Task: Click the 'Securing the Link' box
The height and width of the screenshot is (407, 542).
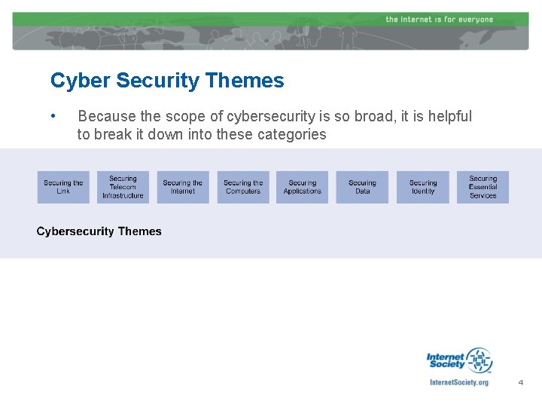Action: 63,187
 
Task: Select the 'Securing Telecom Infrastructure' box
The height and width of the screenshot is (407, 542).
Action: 123,187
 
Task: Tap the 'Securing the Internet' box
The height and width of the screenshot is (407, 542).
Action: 183,187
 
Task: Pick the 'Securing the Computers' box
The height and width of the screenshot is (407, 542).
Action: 243,187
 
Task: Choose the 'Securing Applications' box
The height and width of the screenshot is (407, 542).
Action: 303,187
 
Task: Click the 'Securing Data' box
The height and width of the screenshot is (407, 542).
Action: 363,187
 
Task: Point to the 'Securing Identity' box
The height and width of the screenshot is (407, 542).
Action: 423,187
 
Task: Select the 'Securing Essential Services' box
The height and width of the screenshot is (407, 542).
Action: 483,187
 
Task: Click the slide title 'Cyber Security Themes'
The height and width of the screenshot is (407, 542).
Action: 167,81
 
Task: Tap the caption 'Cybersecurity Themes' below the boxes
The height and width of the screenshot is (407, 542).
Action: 99,231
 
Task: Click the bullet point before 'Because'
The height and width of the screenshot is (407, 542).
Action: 53,117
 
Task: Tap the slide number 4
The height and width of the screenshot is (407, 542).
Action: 520,383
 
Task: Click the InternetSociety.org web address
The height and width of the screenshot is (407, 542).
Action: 458,382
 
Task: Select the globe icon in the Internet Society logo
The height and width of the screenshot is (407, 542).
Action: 479,360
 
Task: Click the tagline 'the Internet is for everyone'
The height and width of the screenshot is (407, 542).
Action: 439,19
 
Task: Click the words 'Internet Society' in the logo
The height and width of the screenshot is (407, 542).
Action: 446,360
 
